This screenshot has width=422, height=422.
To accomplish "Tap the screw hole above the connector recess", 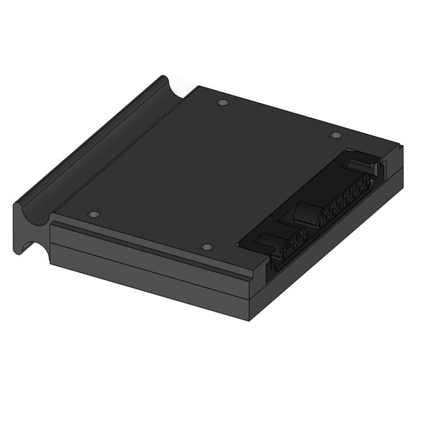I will pos(336,134).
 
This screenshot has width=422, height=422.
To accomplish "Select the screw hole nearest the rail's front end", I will pos(94,214).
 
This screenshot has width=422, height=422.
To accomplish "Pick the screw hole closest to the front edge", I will pos(205,247).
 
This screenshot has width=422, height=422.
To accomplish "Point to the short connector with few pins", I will pos(288,245).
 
